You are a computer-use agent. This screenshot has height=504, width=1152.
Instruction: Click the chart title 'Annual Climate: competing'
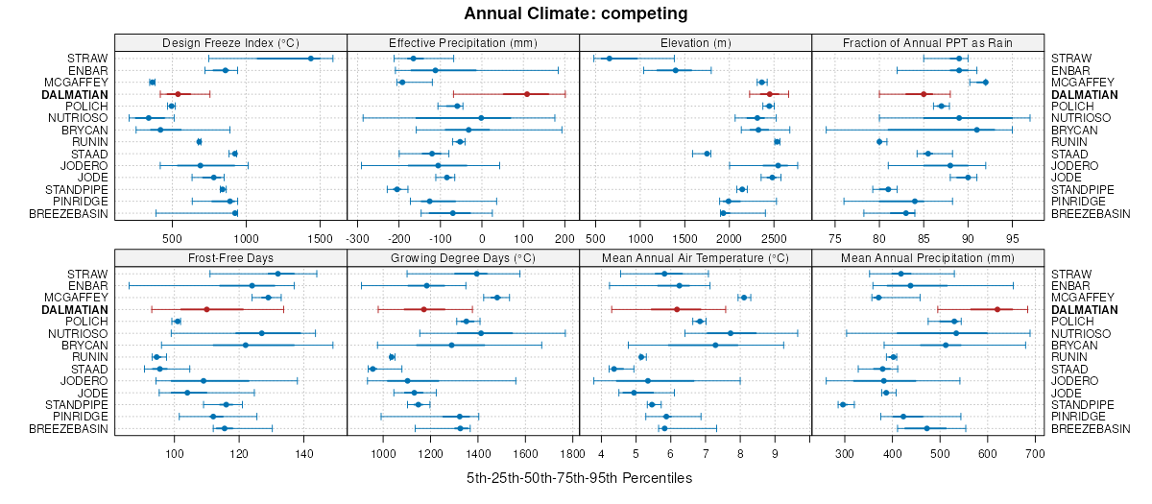575,13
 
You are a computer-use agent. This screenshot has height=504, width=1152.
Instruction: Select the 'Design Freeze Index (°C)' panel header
230,42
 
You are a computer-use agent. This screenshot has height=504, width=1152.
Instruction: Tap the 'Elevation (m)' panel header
696,42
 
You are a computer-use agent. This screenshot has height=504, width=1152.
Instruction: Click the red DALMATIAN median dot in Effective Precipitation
527,94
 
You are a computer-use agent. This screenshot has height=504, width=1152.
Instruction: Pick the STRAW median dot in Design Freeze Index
311,59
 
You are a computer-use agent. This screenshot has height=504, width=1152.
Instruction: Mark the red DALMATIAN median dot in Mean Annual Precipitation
997,309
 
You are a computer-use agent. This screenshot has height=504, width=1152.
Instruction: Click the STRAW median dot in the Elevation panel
609,59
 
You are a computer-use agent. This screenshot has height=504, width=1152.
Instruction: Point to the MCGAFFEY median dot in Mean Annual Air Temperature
743,298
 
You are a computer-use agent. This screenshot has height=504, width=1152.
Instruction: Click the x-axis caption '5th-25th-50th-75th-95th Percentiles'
579,477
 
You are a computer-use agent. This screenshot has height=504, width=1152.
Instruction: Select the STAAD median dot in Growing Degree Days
372,369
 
